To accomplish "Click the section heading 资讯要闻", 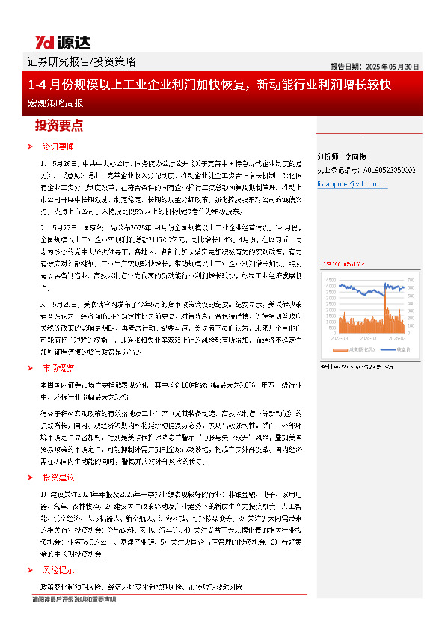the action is (58, 147).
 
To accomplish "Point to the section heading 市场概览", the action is (58, 367).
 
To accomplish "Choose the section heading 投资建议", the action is (58, 456).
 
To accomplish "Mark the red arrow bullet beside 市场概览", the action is (29, 367).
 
